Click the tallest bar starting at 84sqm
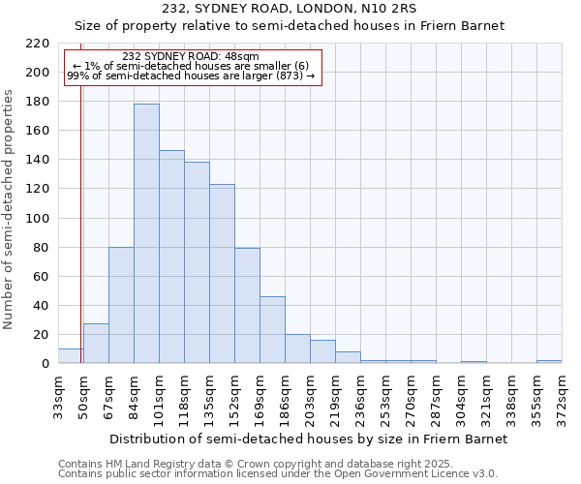pos(146,233)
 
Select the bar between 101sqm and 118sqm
pos(171,257)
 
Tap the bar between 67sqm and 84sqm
pos(121,305)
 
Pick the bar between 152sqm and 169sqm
pos(247,306)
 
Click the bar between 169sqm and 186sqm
pos(272,330)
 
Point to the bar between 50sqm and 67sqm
pos(96,344)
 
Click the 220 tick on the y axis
pos(38,44)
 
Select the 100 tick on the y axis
pos(38,219)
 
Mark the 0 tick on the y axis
pos(46,364)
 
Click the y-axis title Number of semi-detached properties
pos(9,209)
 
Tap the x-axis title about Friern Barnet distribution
pos(309,439)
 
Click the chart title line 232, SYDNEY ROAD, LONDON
pos(290,9)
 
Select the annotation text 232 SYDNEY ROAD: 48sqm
pos(191,57)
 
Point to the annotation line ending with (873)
pos(191,76)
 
